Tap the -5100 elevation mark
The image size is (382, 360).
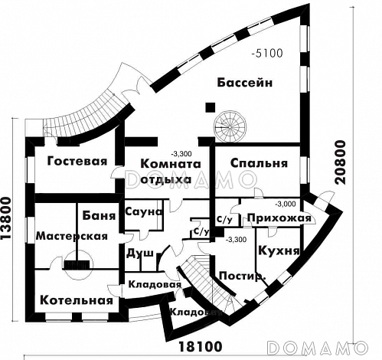[267, 54]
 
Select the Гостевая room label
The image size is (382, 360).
[75, 162]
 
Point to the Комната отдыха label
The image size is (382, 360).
[167, 172]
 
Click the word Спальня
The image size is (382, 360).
[259, 163]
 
